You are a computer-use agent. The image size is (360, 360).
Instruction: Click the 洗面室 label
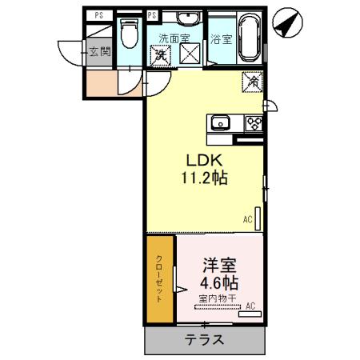[174, 38]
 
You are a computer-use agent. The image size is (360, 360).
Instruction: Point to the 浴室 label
[221, 38]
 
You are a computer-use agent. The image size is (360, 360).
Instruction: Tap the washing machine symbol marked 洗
[161, 55]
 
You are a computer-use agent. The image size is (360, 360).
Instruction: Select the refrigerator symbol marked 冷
[251, 80]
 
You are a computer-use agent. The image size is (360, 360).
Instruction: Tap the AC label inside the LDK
[247, 218]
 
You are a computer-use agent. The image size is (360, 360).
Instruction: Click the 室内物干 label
[218, 299]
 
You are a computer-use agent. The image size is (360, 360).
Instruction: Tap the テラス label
[204, 340]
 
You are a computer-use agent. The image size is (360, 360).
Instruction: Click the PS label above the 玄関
[99, 15]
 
